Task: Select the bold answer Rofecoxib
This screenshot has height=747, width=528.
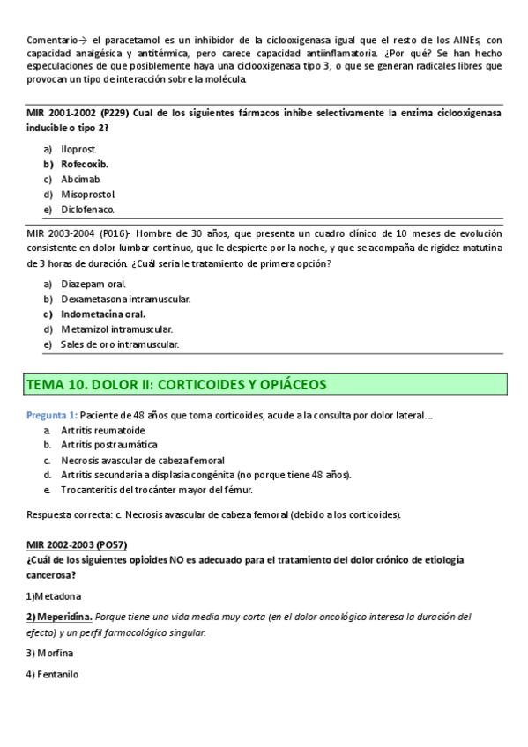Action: click(85, 164)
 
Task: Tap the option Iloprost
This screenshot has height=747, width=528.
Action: click(78, 149)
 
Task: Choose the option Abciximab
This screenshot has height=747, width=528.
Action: click(81, 179)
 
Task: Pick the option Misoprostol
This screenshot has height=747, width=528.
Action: click(88, 194)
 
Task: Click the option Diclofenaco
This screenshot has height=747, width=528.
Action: click(87, 210)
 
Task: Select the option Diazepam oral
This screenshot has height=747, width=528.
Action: click(93, 284)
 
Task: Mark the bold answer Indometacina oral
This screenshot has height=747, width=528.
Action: click(103, 314)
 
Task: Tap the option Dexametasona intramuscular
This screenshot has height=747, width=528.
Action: click(125, 299)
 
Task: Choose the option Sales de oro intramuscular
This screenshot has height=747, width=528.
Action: click(120, 344)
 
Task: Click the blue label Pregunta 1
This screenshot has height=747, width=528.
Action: click(52, 415)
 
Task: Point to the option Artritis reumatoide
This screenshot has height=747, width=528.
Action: click(103, 430)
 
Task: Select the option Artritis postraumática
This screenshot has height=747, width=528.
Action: click(109, 445)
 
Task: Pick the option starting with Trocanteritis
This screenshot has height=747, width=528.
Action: click(157, 490)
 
